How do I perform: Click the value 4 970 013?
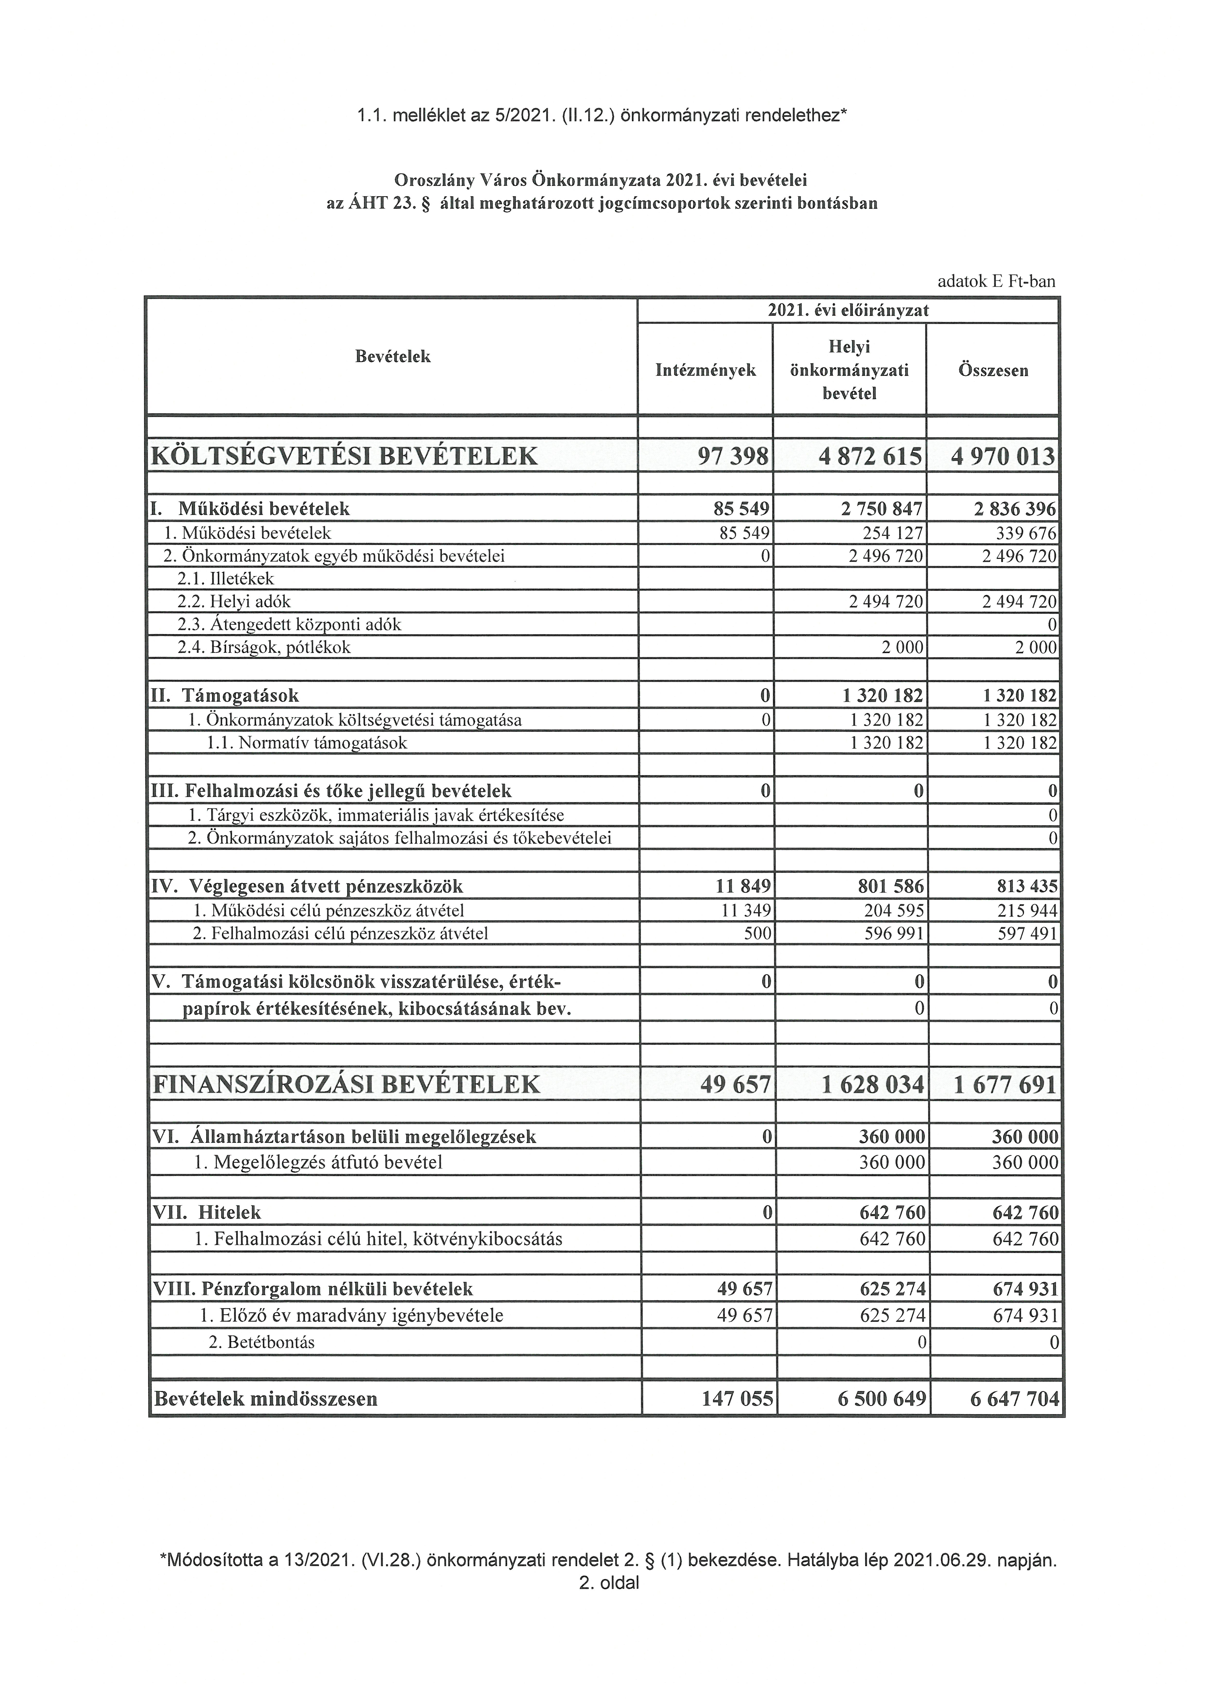1002,456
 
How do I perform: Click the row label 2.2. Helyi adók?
234,602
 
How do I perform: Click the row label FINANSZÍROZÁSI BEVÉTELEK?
346,1085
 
